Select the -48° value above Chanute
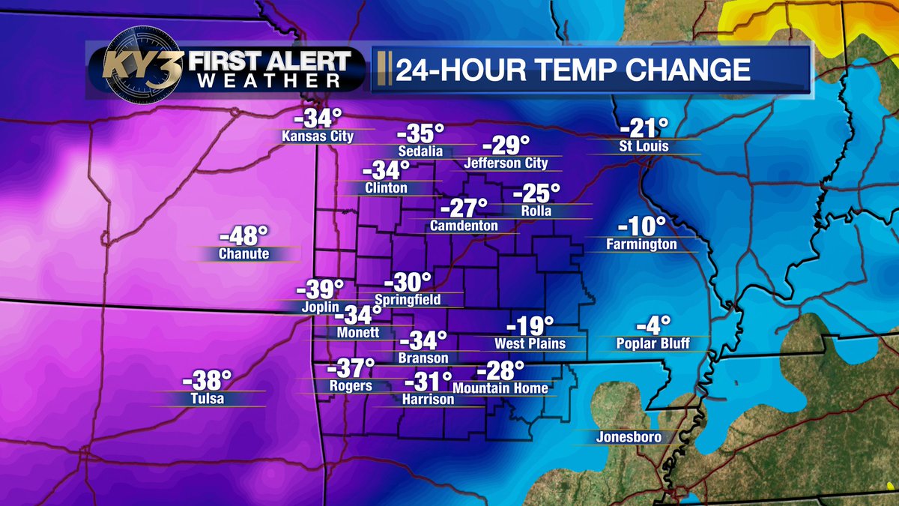(243, 235)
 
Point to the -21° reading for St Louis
(644, 127)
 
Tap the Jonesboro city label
(629, 437)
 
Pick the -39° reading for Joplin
(320, 289)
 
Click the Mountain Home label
(501, 388)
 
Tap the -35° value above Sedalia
(420, 133)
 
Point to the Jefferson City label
(506, 163)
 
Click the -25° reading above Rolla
(536, 194)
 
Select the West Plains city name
(530, 343)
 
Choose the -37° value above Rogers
(351, 368)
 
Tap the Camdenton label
(464, 225)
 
